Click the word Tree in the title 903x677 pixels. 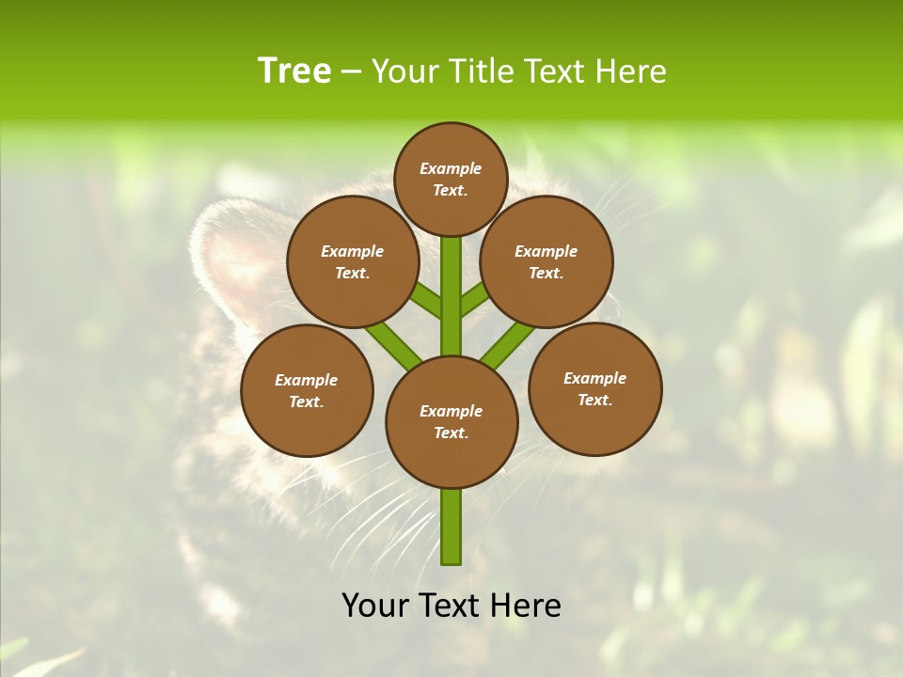(294, 71)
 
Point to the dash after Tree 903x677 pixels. (351, 72)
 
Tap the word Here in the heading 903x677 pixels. (629, 71)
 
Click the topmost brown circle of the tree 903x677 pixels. (451, 179)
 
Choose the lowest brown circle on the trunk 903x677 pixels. (451, 421)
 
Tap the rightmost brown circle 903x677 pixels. (594, 388)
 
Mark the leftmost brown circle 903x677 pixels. (307, 390)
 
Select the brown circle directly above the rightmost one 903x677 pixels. (547, 261)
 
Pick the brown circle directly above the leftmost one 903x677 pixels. (353, 261)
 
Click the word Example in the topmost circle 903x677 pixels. (451, 168)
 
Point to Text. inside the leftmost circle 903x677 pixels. (307, 401)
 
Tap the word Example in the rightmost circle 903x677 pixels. (594, 378)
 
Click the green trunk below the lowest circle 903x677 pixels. (451, 527)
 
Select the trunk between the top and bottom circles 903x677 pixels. (451, 296)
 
